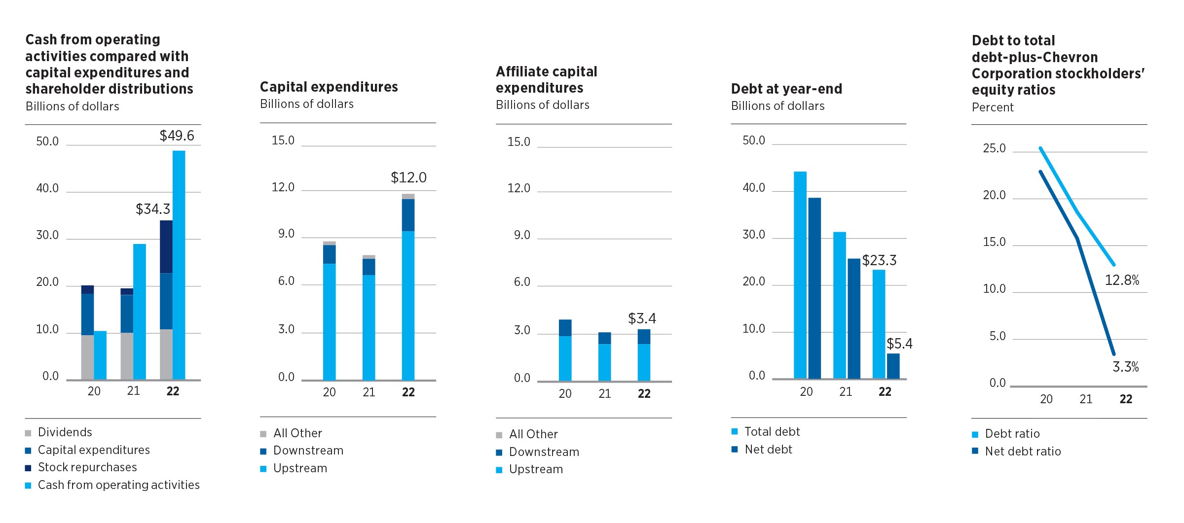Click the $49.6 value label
pyautogui.click(x=177, y=136)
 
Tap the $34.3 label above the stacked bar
pyautogui.click(x=153, y=209)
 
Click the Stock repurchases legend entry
pyautogui.click(x=87, y=467)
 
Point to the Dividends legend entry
pyautogui.click(x=65, y=432)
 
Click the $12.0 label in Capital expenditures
pyautogui.click(x=408, y=177)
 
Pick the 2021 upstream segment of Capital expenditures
pyautogui.click(x=369, y=327)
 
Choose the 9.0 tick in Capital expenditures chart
pyautogui.click(x=286, y=234)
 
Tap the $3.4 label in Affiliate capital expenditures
pyautogui.click(x=642, y=318)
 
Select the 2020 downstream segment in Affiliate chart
pyautogui.click(x=565, y=328)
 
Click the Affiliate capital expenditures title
pyautogui.click(x=546, y=80)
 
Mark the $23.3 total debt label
pyautogui.click(x=879, y=260)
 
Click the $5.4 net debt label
pyautogui.click(x=899, y=344)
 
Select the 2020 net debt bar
pyautogui.click(x=814, y=288)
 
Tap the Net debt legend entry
pyautogui.click(x=768, y=450)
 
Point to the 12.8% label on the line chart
pyautogui.click(x=1122, y=280)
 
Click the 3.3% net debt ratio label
pyautogui.click(x=1125, y=367)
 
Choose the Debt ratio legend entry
pyautogui.click(x=1012, y=434)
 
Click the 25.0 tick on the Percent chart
pyautogui.click(x=994, y=148)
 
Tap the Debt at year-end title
pyautogui.click(x=786, y=89)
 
